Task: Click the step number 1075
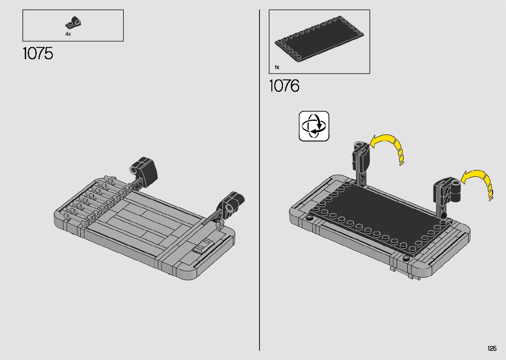[x=38, y=54]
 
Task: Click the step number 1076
[x=284, y=86]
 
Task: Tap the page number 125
[x=492, y=348]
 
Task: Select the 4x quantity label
[x=68, y=34]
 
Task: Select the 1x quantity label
[x=277, y=67]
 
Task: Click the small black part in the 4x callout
[x=73, y=23]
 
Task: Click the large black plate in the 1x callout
[x=319, y=39]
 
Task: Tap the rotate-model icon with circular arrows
[x=314, y=126]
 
